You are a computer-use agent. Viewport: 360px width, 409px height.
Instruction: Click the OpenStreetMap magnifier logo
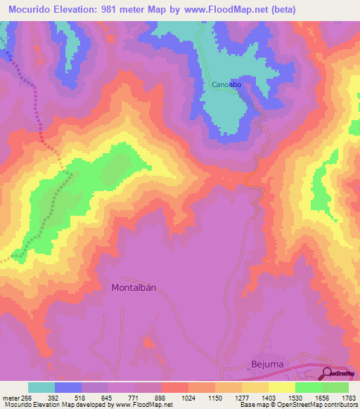[328, 374]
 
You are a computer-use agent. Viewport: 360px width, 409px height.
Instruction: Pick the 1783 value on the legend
[347, 397]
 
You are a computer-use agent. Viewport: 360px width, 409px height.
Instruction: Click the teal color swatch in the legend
[41, 387]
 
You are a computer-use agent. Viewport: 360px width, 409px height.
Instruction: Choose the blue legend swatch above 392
[68, 387]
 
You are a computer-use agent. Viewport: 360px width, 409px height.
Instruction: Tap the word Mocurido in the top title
[31, 9]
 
